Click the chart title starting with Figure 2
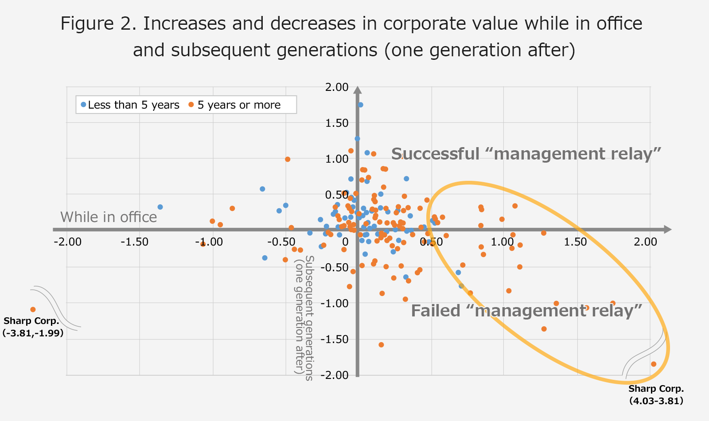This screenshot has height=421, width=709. pyautogui.click(x=352, y=36)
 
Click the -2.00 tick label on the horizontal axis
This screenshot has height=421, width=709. pyautogui.click(x=67, y=242)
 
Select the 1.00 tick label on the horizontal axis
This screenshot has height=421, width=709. pyautogui.click(x=503, y=242)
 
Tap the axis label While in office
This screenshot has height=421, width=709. pyautogui.click(x=109, y=217)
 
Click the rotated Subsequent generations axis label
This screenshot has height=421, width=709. pyautogui.click(x=305, y=318)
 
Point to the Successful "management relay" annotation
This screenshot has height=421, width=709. pyautogui.click(x=526, y=154)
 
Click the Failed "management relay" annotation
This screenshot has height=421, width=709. pyautogui.click(x=526, y=311)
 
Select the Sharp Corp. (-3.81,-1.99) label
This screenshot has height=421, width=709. pyautogui.click(x=32, y=327)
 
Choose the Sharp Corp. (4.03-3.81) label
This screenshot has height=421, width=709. pyautogui.click(x=656, y=394)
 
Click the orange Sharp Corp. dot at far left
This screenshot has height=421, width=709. pyautogui.click(x=33, y=309)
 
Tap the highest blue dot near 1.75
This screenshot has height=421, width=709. pyautogui.click(x=361, y=105)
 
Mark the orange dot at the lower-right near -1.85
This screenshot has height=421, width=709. pyautogui.click(x=654, y=364)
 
